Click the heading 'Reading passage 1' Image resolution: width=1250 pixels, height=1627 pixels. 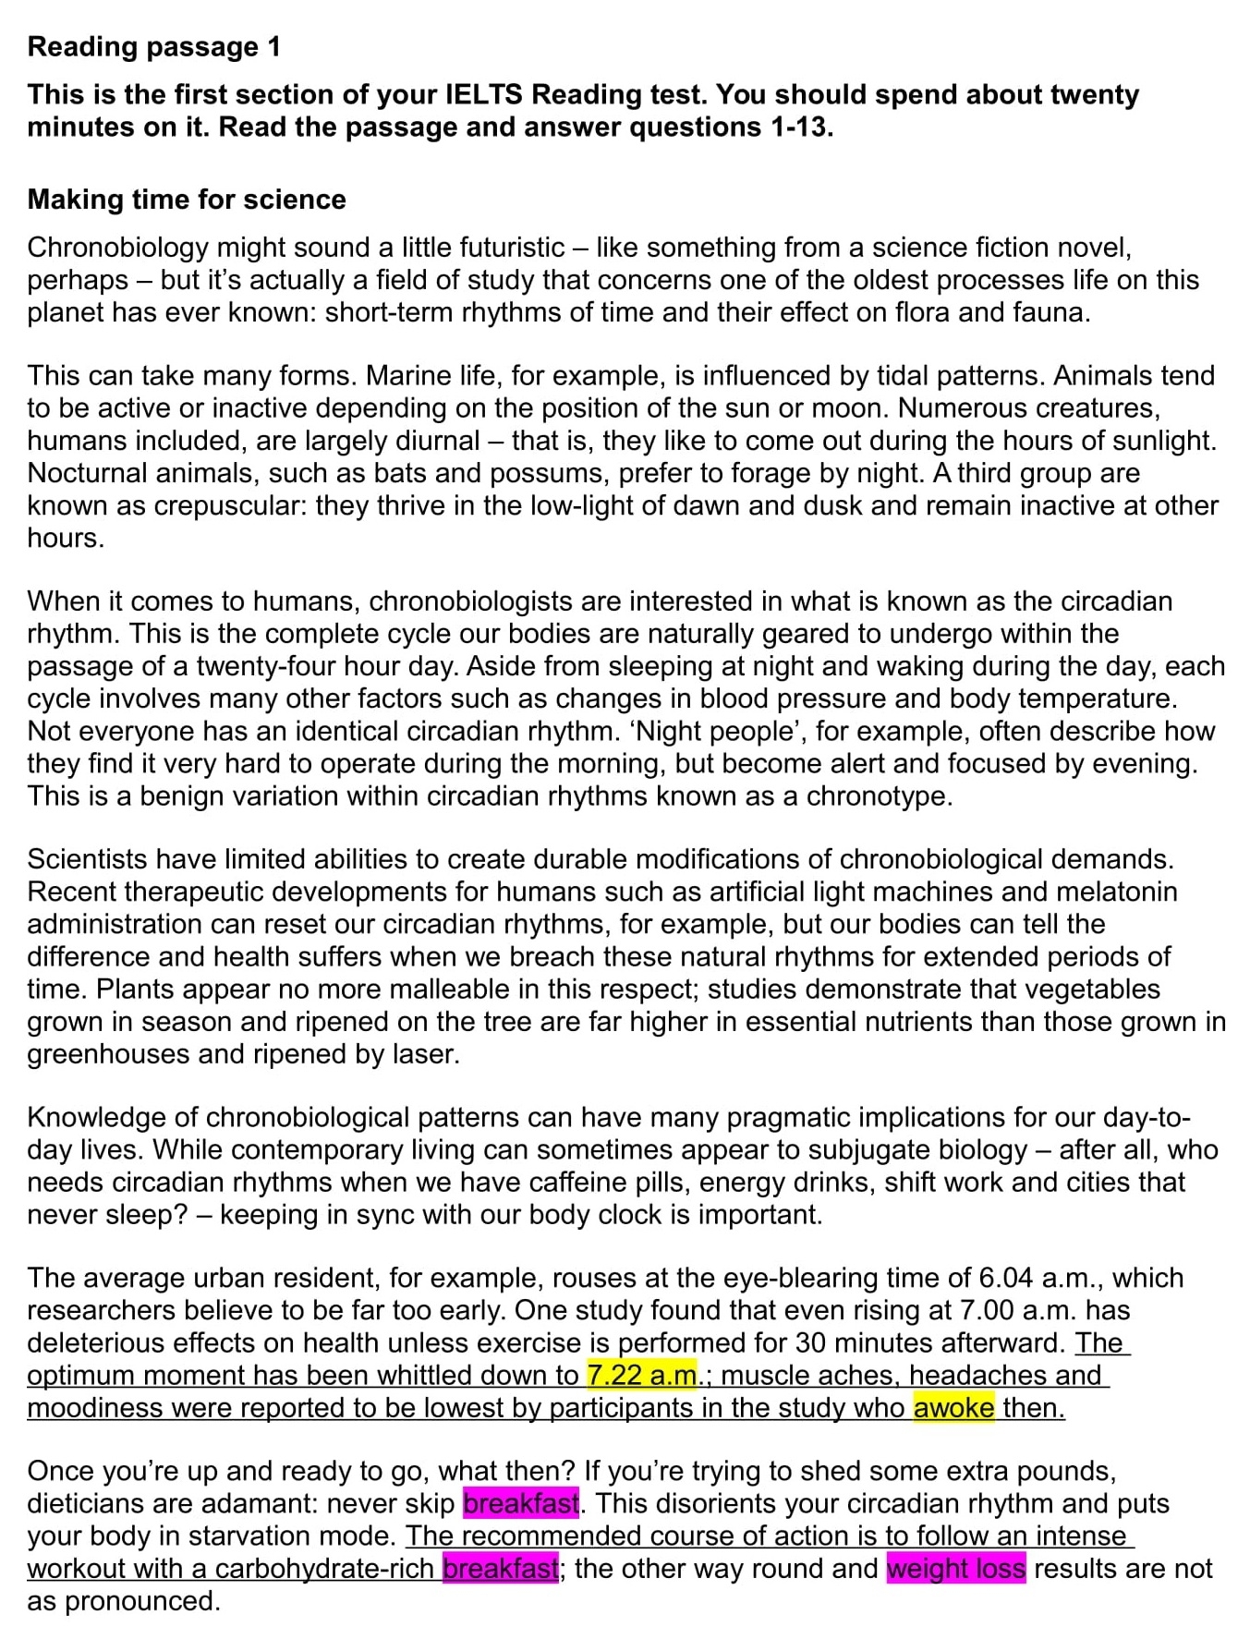153,47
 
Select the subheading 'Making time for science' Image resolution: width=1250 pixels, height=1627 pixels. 187,200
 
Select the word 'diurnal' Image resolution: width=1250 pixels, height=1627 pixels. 434,441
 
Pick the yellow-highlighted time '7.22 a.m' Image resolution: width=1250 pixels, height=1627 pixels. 641,1375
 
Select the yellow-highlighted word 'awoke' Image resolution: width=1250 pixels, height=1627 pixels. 953,1407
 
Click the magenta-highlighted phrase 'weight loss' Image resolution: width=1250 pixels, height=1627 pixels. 955,1568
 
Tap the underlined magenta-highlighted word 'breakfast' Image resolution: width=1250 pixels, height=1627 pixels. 500,1568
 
